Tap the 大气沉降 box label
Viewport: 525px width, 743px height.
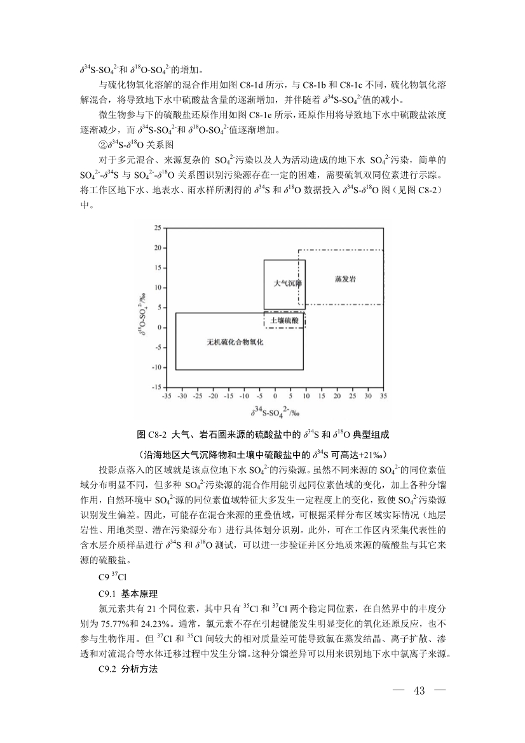tap(287, 283)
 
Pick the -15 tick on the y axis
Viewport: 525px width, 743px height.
tap(154, 387)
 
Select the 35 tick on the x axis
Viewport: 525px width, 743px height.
tap(383, 395)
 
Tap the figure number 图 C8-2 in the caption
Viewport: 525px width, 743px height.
tap(151, 435)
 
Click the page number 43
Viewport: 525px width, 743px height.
tap(419, 691)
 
